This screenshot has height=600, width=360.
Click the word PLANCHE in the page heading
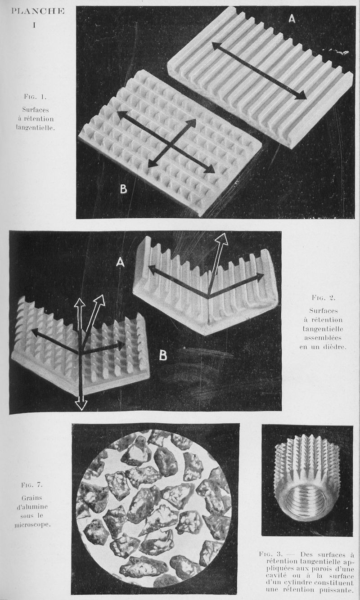[37, 11]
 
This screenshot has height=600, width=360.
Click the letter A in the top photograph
[292, 19]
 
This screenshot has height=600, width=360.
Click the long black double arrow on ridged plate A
[259, 70]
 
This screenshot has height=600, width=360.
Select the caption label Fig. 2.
[324, 297]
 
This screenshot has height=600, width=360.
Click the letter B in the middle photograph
[163, 355]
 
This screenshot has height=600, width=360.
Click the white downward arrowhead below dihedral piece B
[81, 404]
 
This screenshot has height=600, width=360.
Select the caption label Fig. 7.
[31, 485]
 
